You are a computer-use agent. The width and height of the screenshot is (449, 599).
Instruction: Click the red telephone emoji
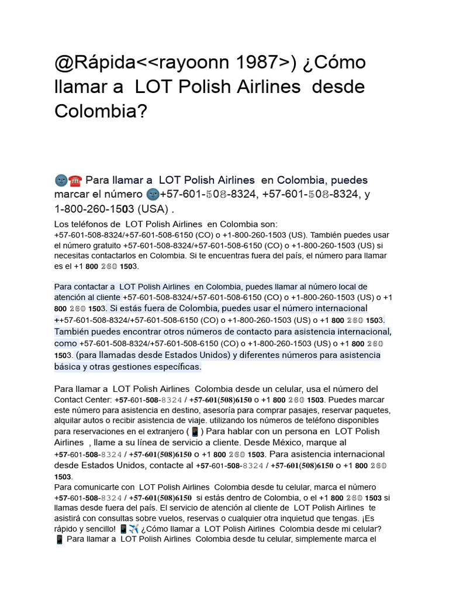point(75,180)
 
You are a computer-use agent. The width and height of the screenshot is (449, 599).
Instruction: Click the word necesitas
point(72,256)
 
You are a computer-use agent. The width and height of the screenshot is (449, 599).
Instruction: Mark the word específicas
point(172,367)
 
